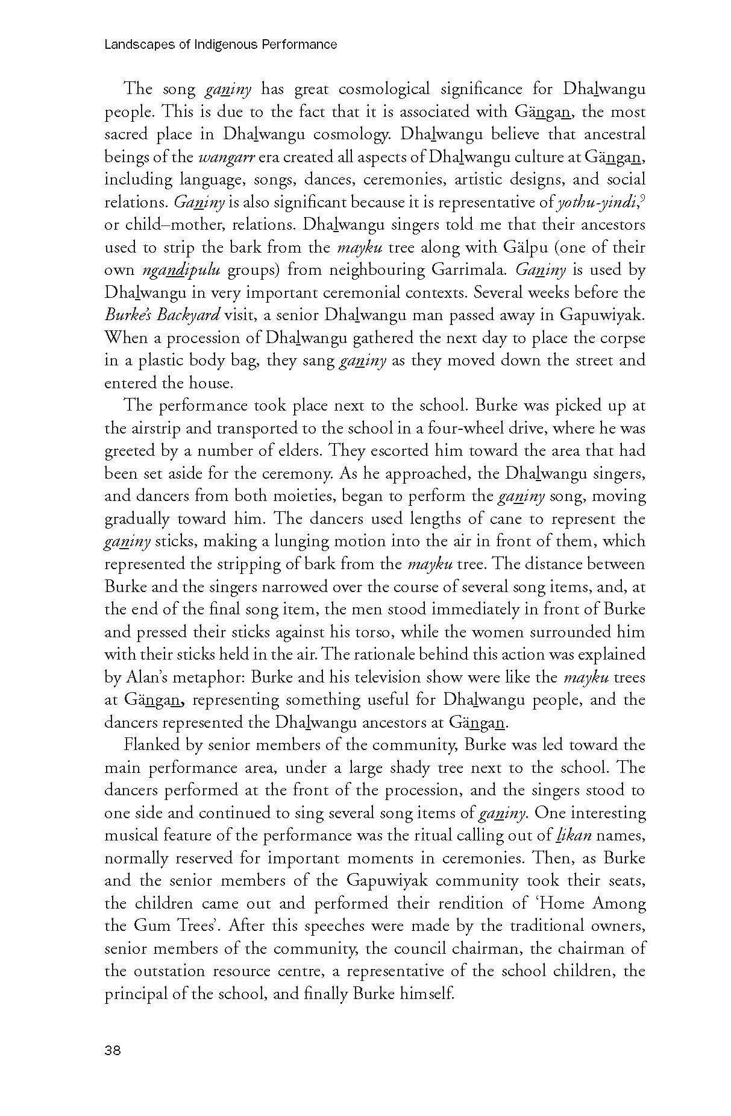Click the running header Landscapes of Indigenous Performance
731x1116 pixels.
click(221, 45)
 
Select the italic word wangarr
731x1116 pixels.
click(222, 157)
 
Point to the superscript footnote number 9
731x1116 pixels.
click(642, 198)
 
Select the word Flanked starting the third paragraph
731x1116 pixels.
click(152, 745)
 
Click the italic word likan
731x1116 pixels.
click(573, 836)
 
